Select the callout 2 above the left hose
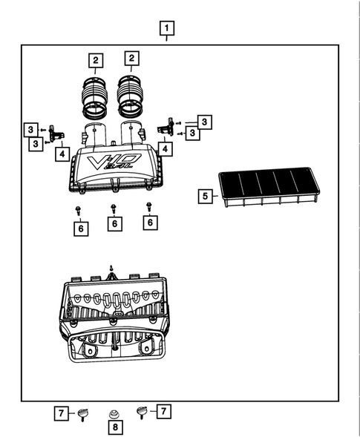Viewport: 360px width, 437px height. [x=94, y=59]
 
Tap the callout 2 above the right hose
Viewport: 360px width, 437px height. [x=131, y=58]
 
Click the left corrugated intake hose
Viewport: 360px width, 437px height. [x=94, y=97]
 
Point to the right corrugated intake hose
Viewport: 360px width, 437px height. [x=131, y=96]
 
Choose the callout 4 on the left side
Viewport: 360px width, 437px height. [x=62, y=154]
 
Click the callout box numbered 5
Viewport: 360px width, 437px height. [x=205, y=197]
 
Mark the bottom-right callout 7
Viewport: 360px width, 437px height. [x=163, y=410]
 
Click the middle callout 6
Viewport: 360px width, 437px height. [x=114, y=223]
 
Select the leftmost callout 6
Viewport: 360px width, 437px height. [x=79, y=229]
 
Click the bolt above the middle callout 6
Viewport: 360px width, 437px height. [x=114, y=208]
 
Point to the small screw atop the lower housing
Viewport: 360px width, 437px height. [x=111, y=268]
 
